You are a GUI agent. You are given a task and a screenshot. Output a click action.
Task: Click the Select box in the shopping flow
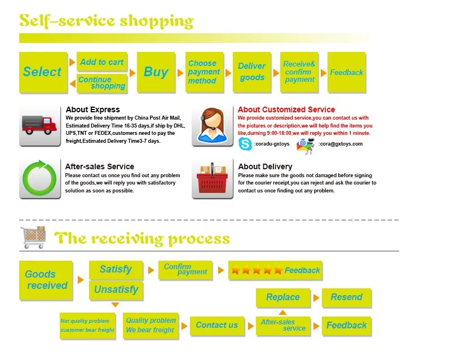click(x=42, y=72)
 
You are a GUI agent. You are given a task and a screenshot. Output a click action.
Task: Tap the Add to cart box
click(x=101, y=62)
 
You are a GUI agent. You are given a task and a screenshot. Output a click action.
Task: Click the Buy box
click(x=156, y=72)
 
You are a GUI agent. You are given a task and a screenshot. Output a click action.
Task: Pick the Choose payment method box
click(x=204, y=72)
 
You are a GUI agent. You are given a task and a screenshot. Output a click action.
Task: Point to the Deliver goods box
click(x=251, y=72)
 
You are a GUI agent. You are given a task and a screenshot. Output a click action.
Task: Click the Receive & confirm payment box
click(x=299, y=72)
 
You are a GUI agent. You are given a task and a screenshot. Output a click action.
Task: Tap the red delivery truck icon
click(x=39, y=125)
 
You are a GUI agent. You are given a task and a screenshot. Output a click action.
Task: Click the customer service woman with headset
click(x=213, y=125)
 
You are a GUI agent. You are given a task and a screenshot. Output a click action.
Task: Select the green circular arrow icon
click(x=39, y=178)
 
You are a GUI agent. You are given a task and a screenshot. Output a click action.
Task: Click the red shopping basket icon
click(x=213, y=178)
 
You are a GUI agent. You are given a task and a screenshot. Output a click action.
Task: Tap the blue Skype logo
click(x=245, y=144)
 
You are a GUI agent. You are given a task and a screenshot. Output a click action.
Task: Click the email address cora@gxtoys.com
click(x=341, y=144)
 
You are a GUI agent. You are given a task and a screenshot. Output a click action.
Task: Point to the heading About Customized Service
click(x=286, y=109)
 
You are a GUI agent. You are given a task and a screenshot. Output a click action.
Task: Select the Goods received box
click(x=46, y=280)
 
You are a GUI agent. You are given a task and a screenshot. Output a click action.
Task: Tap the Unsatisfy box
click(x=116, y=290)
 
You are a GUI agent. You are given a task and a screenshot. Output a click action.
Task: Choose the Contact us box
click(x=217, y=325)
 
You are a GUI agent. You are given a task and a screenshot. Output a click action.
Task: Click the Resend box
click(x=346, y=297)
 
